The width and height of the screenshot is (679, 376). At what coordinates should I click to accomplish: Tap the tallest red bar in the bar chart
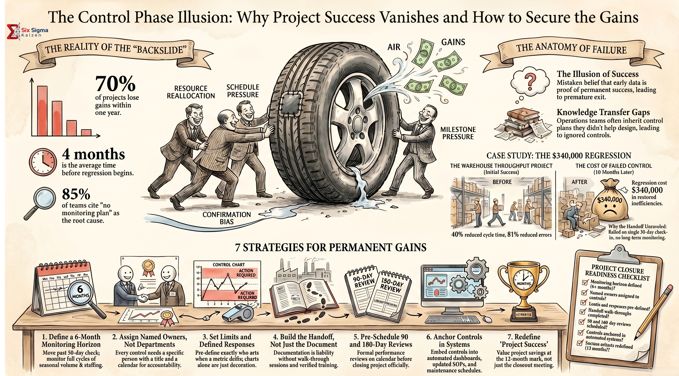click(42, 111)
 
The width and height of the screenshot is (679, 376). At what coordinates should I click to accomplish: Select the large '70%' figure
click(115, 84)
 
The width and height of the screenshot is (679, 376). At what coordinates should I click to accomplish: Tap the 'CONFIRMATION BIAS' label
click(226, 218)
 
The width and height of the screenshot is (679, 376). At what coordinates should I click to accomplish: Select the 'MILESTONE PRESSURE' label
click(458, 133)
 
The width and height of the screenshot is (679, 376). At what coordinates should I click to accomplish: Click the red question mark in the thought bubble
click(529, 82)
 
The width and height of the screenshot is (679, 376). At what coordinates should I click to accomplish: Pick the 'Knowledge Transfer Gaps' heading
click(603, 112)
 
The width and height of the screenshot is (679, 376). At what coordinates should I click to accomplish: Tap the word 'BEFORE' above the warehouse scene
click(502, 182)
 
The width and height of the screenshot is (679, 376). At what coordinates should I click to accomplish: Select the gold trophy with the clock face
click(523, 284)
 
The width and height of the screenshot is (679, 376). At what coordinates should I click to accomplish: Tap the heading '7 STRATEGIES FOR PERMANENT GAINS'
click(330, 248)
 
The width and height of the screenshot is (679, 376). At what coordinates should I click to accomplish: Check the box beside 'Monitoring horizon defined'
click(585, 282)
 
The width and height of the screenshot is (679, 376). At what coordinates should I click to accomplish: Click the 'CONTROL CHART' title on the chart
click(229, 265)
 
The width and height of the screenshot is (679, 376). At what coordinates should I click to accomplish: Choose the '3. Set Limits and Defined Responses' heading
click(227, 341)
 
